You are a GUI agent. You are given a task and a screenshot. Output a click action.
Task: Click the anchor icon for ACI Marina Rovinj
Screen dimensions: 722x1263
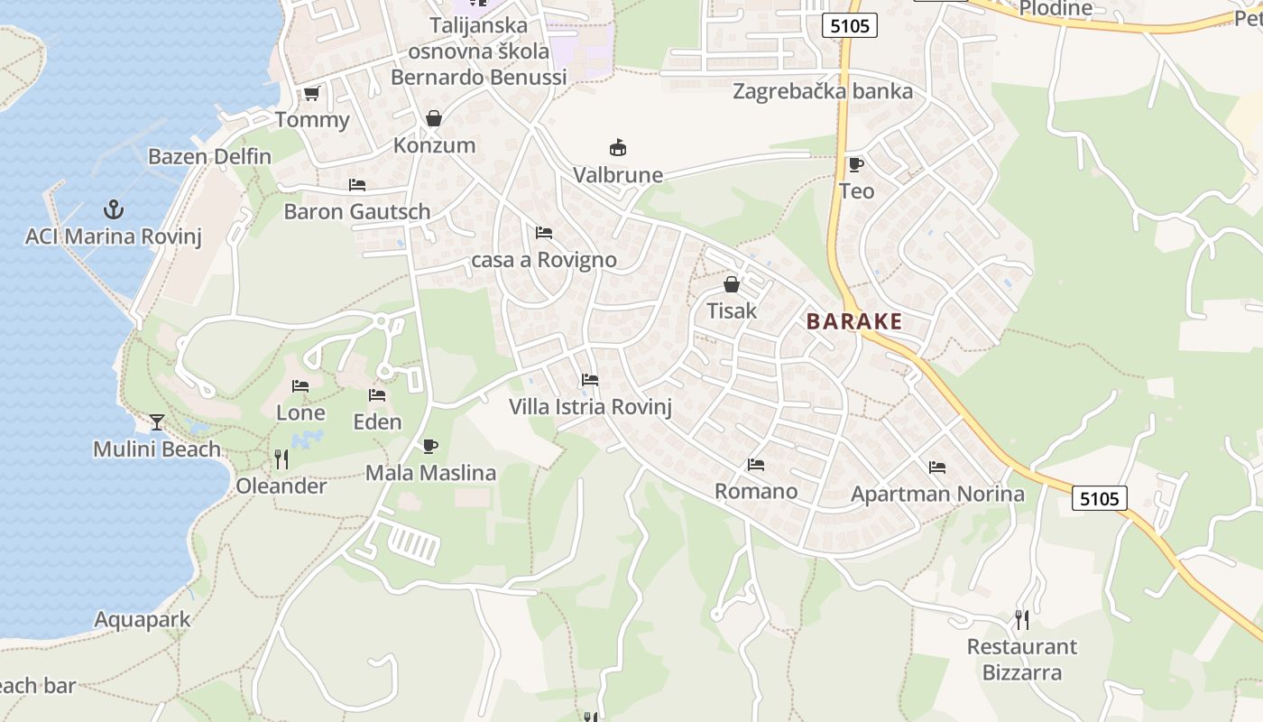(113, 210)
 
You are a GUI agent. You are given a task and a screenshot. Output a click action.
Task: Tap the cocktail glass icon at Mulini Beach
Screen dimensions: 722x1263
(157, 422)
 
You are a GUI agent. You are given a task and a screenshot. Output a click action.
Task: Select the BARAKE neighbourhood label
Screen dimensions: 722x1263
(854, 321)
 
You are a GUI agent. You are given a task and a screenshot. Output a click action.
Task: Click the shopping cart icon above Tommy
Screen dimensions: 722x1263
(312, 93)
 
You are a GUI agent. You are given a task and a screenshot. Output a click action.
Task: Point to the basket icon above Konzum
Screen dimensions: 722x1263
(434, 118)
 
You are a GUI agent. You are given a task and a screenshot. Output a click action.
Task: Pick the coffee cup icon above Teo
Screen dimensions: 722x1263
(855, 164)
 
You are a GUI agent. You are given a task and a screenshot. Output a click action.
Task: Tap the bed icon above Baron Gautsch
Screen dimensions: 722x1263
(357, 185)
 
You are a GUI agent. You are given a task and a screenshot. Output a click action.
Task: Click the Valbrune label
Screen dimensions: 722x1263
(618, 175)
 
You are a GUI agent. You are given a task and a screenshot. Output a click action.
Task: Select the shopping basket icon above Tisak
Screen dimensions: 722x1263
(731, 284)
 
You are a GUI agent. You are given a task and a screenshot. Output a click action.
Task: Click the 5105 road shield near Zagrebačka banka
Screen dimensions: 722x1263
(850, 26)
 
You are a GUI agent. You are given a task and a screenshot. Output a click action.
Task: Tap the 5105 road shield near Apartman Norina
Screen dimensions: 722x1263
(1100, 498)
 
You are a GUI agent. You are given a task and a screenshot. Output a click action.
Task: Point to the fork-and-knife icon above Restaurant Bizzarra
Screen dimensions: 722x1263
(1021, 620)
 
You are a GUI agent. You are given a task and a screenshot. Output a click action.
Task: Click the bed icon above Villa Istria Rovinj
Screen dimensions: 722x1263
(590, 380)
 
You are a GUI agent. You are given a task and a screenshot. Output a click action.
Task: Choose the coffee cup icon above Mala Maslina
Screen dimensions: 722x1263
(430, 446)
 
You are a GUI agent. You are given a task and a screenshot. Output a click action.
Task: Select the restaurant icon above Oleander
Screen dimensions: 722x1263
(281, 459)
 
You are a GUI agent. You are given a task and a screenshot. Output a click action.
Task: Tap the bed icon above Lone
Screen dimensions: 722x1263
(300, 386)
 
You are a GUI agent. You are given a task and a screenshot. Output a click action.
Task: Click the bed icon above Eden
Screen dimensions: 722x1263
(377, 395)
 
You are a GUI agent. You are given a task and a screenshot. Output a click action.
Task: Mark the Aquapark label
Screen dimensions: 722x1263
(143, 620)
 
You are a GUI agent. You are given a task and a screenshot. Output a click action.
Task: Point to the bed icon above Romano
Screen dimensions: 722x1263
(756, 465)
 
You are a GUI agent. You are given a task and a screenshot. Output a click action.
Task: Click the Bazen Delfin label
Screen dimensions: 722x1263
(209, 156)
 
